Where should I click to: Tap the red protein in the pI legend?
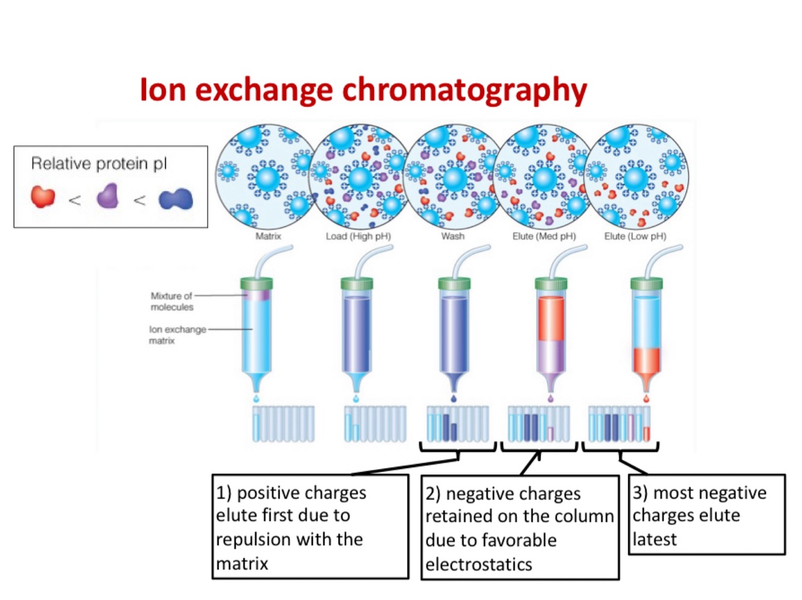point(43,196)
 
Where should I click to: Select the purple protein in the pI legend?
point(108,196)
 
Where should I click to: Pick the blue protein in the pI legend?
point(176,199)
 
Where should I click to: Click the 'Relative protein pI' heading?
point(99,164)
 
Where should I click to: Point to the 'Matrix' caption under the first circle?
point(268,236)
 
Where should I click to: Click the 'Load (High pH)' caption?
point(358,236)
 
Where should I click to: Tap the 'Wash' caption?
point(453,236)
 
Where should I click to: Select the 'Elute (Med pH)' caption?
point(544,236)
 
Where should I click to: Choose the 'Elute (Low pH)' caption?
point(635,236)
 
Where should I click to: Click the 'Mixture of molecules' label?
point(172,301)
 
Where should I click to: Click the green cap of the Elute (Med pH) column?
point(551,284)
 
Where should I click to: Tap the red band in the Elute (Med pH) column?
point(551,319)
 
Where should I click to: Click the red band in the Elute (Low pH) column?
point(646,360)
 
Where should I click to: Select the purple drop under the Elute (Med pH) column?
point(551,398)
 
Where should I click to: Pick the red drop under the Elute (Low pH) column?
point(646,399)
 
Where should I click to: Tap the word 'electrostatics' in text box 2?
point(479,565)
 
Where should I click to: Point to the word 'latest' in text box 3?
point(654,539)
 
